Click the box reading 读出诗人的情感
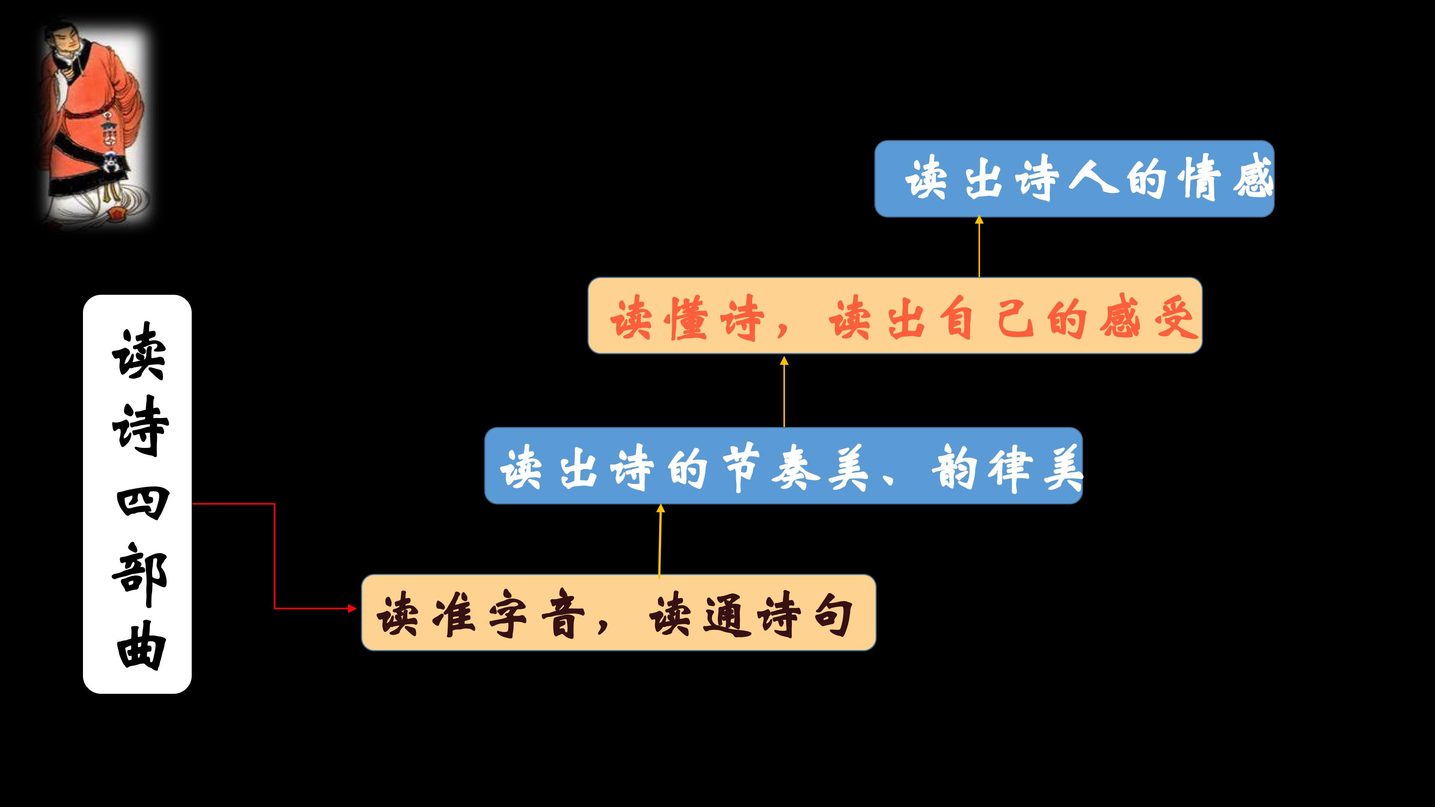(1074, 179)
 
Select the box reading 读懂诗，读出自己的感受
(895, 315)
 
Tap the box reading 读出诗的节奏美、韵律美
(783, 466)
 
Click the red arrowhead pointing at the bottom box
(352, 608)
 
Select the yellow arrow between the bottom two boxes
(660, 540)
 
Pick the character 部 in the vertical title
(139, 575)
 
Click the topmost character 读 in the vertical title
(139, 351)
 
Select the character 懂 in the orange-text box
(689, 318)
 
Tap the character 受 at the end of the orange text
(1175, 318)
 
